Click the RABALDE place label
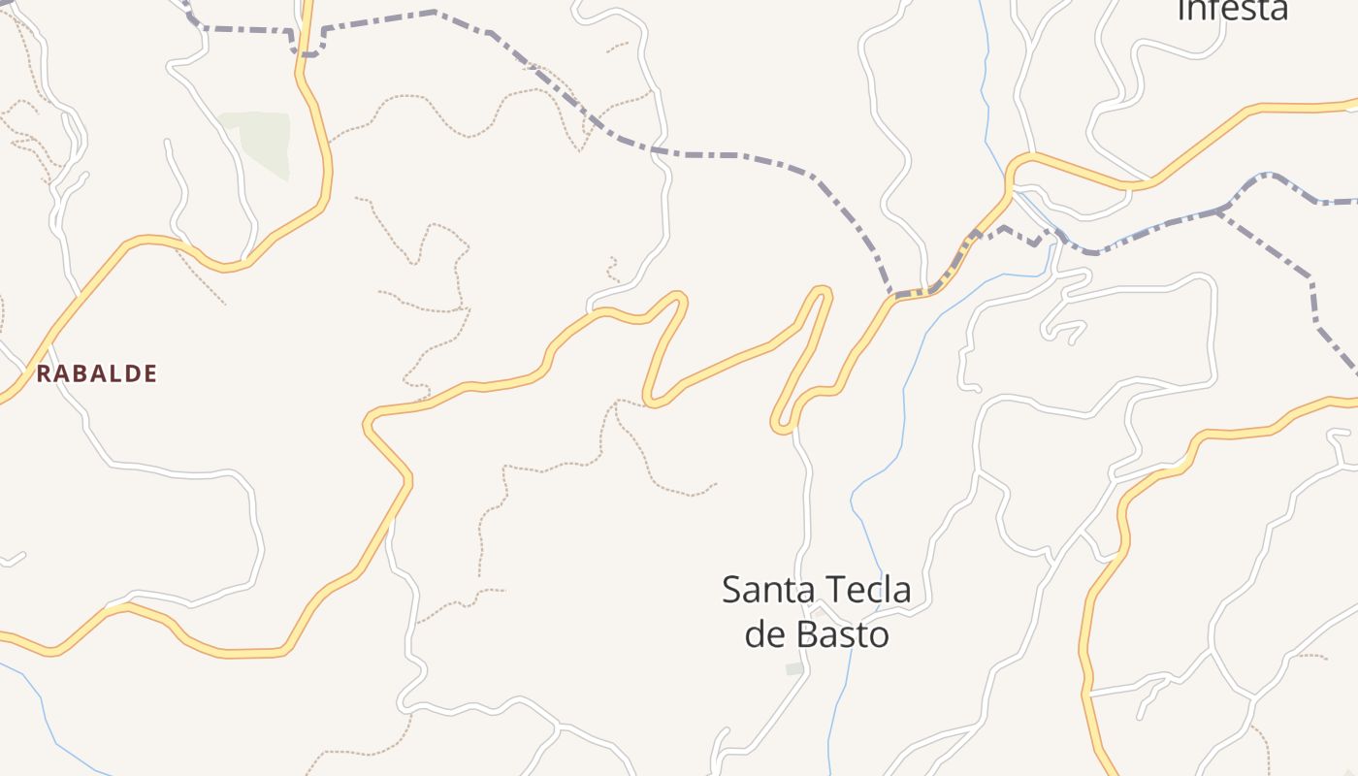click(96, 373)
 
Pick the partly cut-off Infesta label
click(1232, 10)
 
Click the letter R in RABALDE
click(44, 373)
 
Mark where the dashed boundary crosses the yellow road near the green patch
click(307, 51)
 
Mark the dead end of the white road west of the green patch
click(168, 144)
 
